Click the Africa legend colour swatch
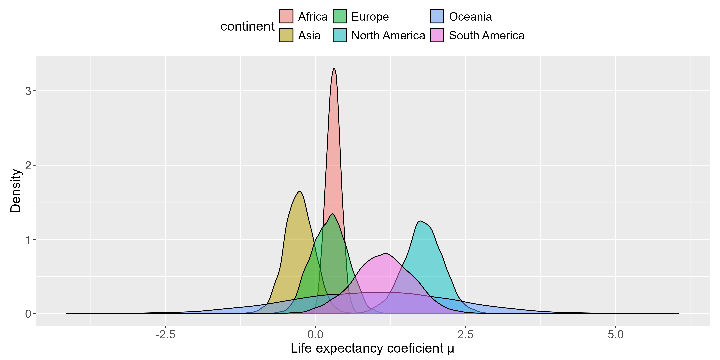pyautogui.click(x=286, y=16)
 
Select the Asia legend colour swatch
pyautogui.click(x=286, y=35)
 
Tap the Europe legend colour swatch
pyautogui.click(x=340, y=16)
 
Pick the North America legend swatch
pyautogui.click(x=340, y=35)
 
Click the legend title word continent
pyautogui.click(x=247, y=26)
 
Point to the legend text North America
pyautogui.click(x=388, y=35)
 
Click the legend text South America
pyautogui.click(x=487, y=35)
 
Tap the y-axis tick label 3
pyautogui.click(x=28, y=91)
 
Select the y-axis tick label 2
pyautogui.click(x=28, y=165)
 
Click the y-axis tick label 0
pyautogui.click(x=28, y=314)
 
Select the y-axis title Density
pyautogui.click(x=16, y=191)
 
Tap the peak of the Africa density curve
pyautogui.click(x=334, y=68)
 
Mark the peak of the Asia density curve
pyautogui.click(x=300, y=191)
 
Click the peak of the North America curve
pyautogui.click(x=420, y=221)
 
